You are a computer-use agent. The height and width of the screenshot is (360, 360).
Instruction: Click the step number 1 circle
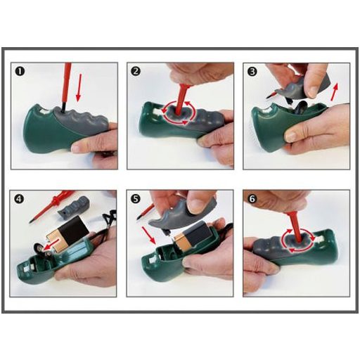(x=20, y=72)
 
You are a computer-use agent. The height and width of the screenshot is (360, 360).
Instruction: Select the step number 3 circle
(x=251, y=72)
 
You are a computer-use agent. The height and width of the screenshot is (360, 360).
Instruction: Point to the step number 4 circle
(x=20, y=199)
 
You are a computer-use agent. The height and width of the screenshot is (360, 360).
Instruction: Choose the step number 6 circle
(x=251, y=199)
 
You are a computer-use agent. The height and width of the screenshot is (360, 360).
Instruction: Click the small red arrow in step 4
(x=47, y=247)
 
